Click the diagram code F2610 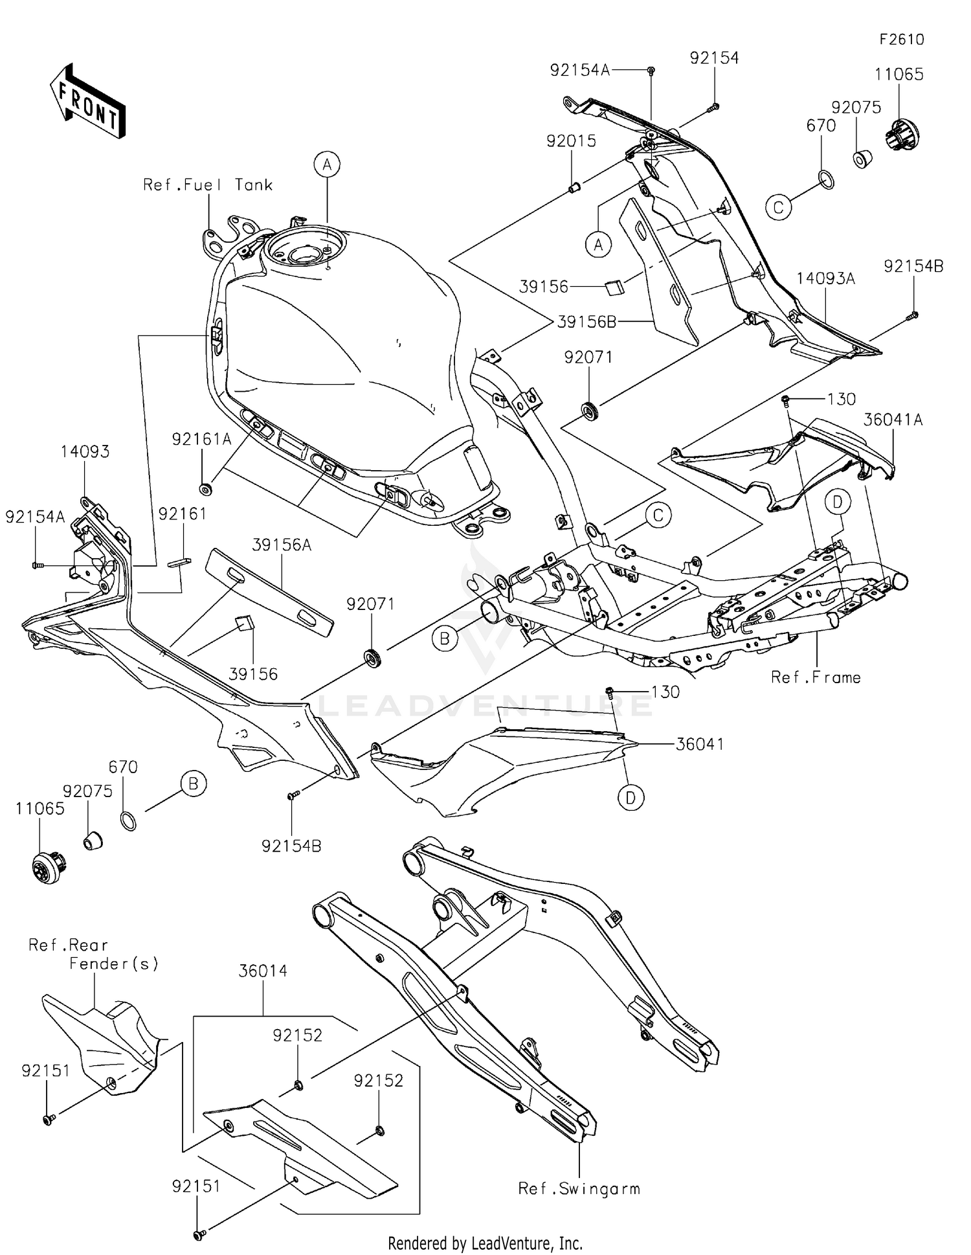pos(901,40)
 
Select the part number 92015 pos(571,141)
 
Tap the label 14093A pos(825,278)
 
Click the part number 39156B pos(586,322)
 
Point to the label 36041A pos(893,420)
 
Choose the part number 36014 pos(263,971)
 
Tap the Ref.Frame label pos(816,677)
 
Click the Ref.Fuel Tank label pos(208,185)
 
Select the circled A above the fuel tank pos(328,164)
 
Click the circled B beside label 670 pos(193,784)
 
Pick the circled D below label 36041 pos(631,797)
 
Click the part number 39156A pos(282,545)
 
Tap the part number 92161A pos(201,440)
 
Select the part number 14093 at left pos(85,452)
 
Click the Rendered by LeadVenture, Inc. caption pos(485,1243)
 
